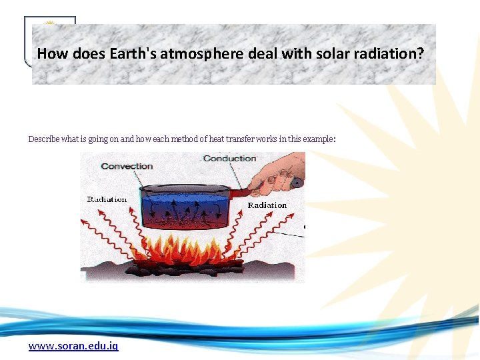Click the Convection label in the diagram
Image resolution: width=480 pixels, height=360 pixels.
click(x=127, y=166)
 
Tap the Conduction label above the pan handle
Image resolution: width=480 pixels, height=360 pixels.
click(x=229, y=158)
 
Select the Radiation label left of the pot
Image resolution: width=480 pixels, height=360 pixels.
click(x=107, y=199)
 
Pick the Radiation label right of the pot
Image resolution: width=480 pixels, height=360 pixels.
click(x=267, y=205)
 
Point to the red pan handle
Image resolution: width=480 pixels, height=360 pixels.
click(x=243, y=193)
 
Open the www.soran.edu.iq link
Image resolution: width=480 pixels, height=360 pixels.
click(x=73, y=346)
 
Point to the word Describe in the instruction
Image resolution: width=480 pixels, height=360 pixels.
click(x=43, y=139)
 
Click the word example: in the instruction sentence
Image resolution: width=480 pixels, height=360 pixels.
click(x=319, y=139)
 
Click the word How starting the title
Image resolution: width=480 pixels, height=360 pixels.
click(x=50, y=53)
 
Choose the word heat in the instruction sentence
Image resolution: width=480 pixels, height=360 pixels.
click(x=217, y=139)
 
